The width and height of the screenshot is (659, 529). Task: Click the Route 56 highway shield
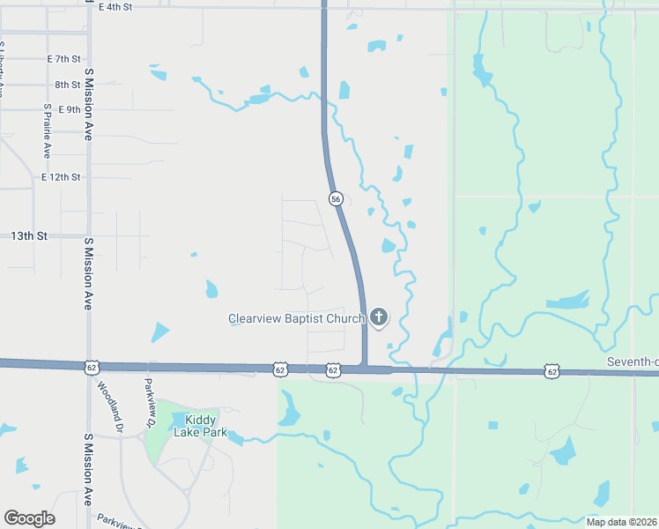[336, 199]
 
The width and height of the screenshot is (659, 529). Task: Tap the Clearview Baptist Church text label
[296, 318]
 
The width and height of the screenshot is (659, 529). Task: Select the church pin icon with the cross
[379, 317]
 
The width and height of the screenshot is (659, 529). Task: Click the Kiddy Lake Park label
[200, 426]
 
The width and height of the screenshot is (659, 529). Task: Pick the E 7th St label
[63, 59]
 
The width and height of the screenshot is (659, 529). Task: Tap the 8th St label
[67, 85]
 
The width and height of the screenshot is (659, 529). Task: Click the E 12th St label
[61, 177]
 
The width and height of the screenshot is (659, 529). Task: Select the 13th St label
[29, 236]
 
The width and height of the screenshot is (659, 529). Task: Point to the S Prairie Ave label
[47, 129]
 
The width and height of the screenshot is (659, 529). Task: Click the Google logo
[28, 518]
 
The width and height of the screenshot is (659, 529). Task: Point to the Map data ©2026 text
[622, 522]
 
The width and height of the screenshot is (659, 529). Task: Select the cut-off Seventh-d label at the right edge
[632, 362]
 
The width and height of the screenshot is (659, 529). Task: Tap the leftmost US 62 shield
[92, 367]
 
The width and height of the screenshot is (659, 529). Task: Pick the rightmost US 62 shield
[552, 372]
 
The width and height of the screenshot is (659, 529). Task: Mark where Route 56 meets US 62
[364, 369]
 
